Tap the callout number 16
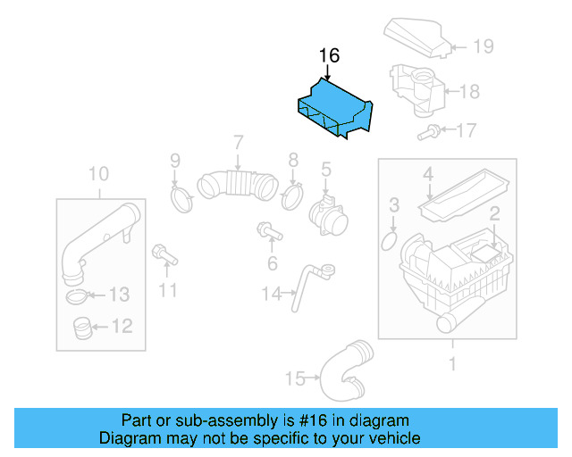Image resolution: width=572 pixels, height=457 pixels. click(329, 56)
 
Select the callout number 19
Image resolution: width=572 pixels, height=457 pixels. click(483, 46)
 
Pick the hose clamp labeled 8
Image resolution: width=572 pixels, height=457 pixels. click(292, 195)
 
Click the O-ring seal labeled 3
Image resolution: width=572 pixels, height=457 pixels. click(390, 241)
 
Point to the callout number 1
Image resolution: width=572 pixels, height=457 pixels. click(452, 363)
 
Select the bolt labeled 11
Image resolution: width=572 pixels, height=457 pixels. click(164, 255)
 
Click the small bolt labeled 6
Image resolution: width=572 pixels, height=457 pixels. click(267, 232)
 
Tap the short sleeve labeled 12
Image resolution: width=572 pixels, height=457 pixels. click(81, 329)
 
